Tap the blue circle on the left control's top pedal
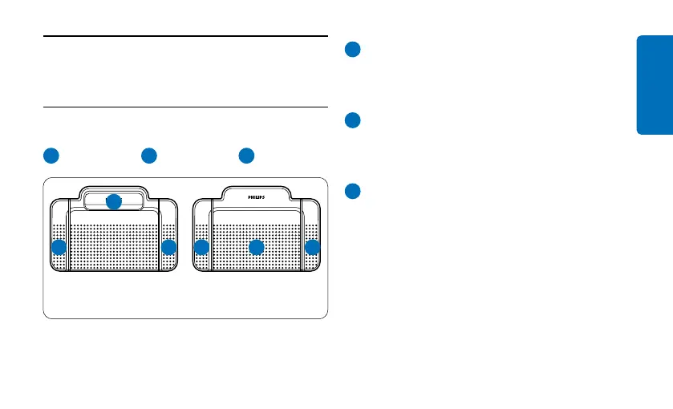(114, 202)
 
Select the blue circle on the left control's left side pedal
(59, 248)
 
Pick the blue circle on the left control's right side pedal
(168, 248)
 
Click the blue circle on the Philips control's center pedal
(256, 248)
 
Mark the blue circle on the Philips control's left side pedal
(201, 248)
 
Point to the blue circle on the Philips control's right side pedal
(312, 248)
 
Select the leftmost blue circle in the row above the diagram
(51, 155)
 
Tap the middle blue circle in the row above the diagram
(148, 155)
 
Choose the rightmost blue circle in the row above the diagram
(246, 155)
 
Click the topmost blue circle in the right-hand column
(352, 50)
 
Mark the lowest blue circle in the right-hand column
(352, 192)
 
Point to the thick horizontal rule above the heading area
(185, 36)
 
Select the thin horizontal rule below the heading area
(185, 107)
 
